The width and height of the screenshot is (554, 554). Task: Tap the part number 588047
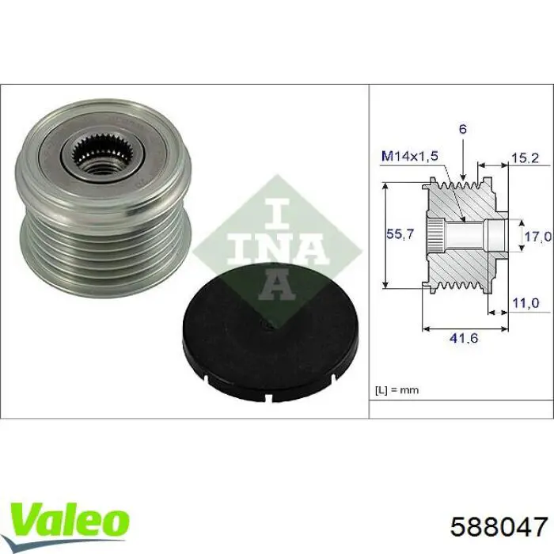(x=499, y=526)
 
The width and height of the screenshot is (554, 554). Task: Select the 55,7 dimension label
(x=400, y=234)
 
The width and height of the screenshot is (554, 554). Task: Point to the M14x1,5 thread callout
(x=410, y=156)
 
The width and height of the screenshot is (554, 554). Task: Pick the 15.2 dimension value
(x=526, y=158)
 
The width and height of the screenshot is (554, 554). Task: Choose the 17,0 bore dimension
(x=537, y=236)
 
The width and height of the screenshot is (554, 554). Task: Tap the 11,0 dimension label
(x=526, y=303)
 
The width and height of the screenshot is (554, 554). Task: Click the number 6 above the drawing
(x=463, y=129)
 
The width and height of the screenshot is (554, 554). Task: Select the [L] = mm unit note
(x=397, y=390)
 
